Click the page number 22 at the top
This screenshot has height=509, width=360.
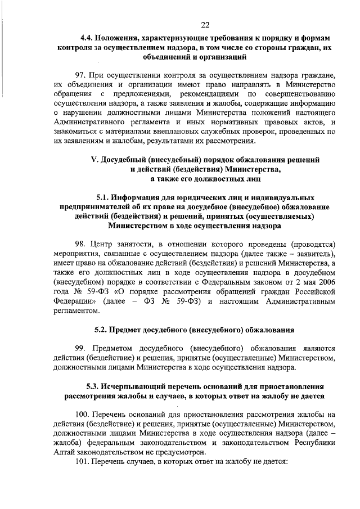pos(205,24)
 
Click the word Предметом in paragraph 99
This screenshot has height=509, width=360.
pos(115,348)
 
